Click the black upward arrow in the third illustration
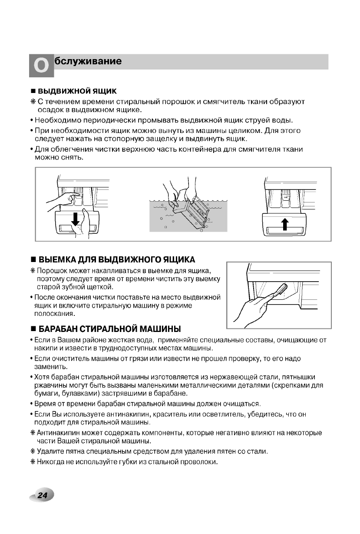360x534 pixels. pos(285,224)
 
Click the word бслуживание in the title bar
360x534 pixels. pos(88,61)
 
